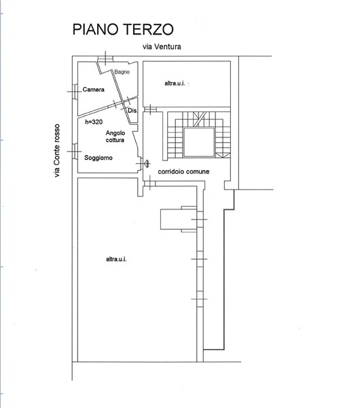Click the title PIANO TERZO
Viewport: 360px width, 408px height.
123,29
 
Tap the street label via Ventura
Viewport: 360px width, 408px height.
162,46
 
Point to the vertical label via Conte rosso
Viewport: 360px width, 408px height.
56,151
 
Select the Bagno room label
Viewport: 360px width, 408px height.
122,72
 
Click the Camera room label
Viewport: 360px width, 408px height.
93,90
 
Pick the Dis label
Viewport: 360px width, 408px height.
132,111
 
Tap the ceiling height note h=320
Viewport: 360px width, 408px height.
94,122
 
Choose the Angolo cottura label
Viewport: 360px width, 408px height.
115,137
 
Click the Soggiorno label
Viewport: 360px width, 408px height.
98,158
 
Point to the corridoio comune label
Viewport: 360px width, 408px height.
183,172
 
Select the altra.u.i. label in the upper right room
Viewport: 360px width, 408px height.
175,84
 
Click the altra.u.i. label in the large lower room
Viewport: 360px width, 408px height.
116,259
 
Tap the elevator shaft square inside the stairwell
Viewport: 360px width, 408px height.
199,143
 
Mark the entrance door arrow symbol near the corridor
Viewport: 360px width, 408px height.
147,163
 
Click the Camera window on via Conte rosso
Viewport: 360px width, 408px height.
75,92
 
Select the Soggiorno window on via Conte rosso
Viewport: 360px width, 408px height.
75,151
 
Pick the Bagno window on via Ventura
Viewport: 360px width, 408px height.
105,58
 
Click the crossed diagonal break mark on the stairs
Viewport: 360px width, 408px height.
200,119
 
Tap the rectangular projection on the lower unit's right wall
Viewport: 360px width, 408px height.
179,219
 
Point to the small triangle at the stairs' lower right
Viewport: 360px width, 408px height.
223,155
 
